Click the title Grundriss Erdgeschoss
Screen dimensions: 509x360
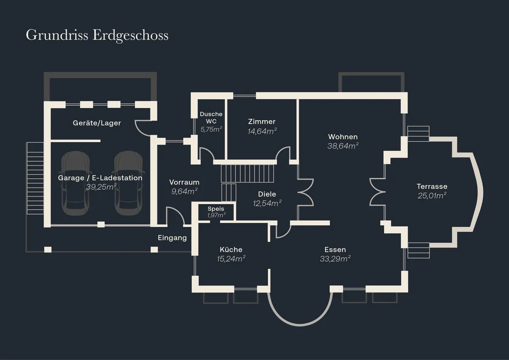click(x=97, y=35)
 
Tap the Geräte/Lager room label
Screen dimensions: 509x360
click(x=97, y=123)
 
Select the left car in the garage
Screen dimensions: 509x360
click(x=75, y=183)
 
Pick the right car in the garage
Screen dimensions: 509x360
click(x=129, y=183)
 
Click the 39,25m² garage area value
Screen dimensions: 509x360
click(x=101, y=187)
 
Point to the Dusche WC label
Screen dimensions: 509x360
click(x=211, y=118)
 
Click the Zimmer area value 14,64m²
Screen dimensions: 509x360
click(x=262, y=131)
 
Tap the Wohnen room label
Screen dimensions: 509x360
click(x=343, y=137)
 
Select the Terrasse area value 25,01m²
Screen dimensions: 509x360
click(x=432, y=196)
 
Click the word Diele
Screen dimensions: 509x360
click(x=267, y=194)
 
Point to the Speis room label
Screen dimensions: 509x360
click(x=216, y=208)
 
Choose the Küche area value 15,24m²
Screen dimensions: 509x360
click(x=231, y=259)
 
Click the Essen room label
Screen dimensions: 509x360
click(x=335, y=250)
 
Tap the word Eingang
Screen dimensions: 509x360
click(x=172, y=238)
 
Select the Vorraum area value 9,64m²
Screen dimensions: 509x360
click(x=184, y=191)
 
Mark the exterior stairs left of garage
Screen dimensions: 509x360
click(x=35, y=178)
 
